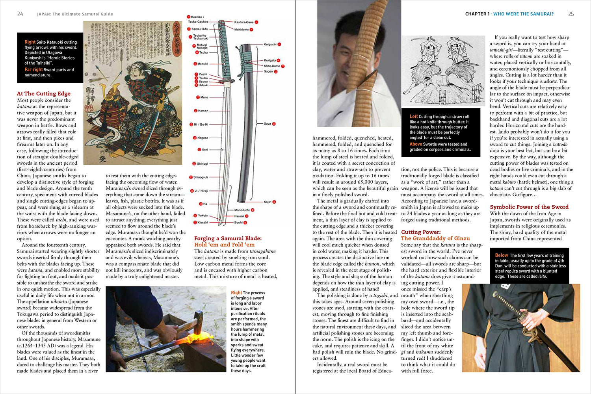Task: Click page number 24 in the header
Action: click(x=20, y=14)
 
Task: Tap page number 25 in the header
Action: click(x=571, y=14)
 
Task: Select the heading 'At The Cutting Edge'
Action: click(x=44, y=93)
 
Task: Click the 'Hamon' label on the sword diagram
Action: click(x=203, y=111)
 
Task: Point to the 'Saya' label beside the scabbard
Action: click(x=268, y=124)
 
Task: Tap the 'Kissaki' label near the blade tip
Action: click(x=203, y=222)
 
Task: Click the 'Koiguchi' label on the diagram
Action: click(x=270, y=45)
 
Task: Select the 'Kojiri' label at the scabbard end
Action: click(x=268, y=202)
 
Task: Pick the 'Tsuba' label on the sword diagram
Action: click(x=203, y=78)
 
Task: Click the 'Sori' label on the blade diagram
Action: click(x=205, y=150)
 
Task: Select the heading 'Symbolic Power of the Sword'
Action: click(x=529, y=207)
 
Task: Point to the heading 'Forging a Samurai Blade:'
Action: click(x=228, y=238)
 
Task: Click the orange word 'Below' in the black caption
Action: click(x=502, y=255)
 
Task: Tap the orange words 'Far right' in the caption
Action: click(x=33, y=70)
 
